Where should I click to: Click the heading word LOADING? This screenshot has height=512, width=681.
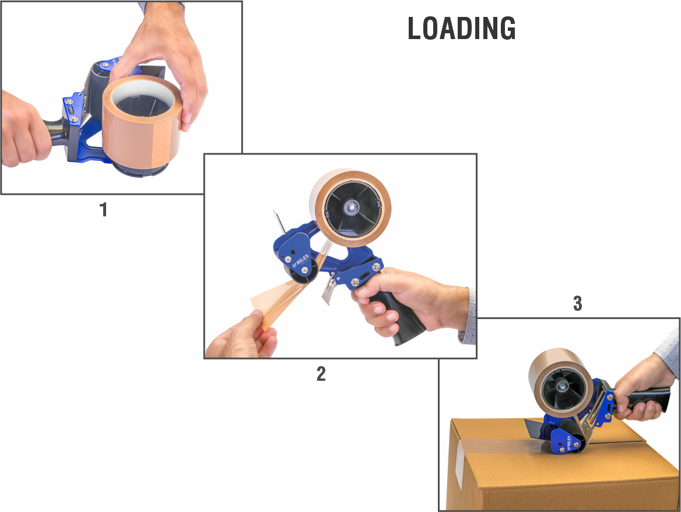point(462,28)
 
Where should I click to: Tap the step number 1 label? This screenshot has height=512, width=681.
point(103,210)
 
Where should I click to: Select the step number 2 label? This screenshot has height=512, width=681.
point(321,373)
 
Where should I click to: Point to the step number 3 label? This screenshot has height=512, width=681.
point(577,304)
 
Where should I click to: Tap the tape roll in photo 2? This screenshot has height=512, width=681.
point(350,208)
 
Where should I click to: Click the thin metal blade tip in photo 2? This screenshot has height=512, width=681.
point(275,213)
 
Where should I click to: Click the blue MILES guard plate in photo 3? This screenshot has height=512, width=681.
point(566,441)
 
